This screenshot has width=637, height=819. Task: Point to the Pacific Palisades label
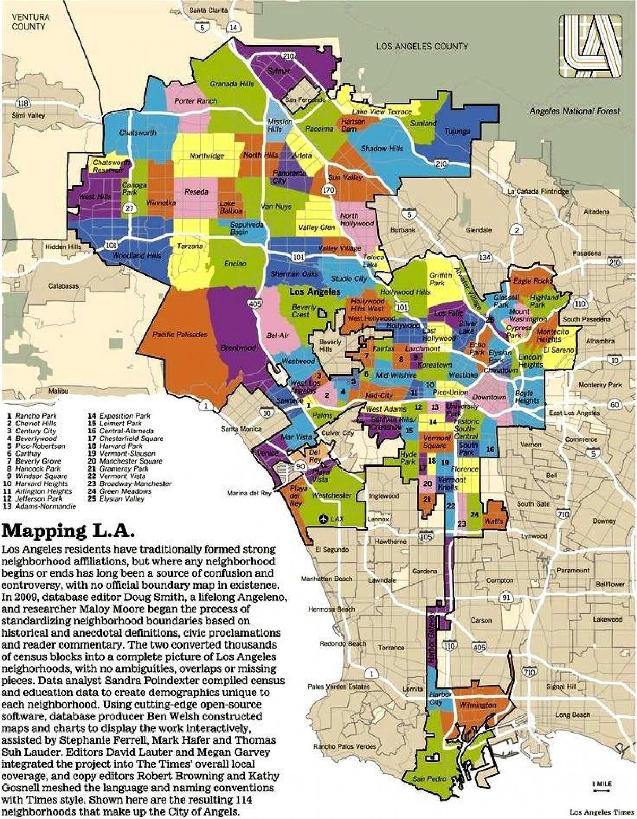pos(179,334)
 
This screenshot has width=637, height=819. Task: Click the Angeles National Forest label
pos(574,111)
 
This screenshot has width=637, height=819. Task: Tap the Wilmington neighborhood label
pos(478,705)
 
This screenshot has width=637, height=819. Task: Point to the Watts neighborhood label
pos(494,521)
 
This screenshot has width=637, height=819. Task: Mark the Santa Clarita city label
pos(208,10)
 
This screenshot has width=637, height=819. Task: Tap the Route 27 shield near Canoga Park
pos(129,210)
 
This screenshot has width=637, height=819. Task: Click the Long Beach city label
pos(572,715)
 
